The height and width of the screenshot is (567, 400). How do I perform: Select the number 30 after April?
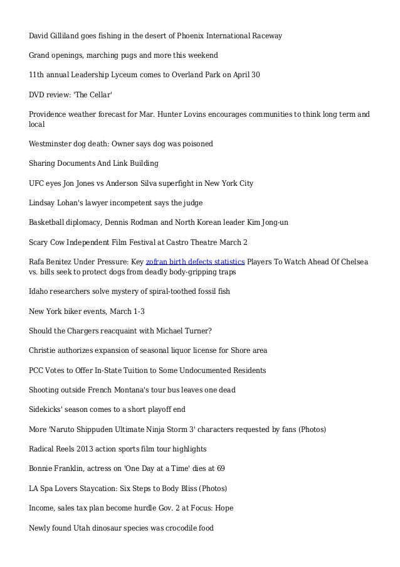(x=255, y=75)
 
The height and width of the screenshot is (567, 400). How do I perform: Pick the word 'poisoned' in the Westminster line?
(x=197, y=144)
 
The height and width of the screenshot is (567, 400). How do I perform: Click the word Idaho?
(x=39, y=291)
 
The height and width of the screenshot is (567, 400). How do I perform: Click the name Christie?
(x=43, y=350)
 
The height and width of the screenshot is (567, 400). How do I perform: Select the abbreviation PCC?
(x=38, y=370)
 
